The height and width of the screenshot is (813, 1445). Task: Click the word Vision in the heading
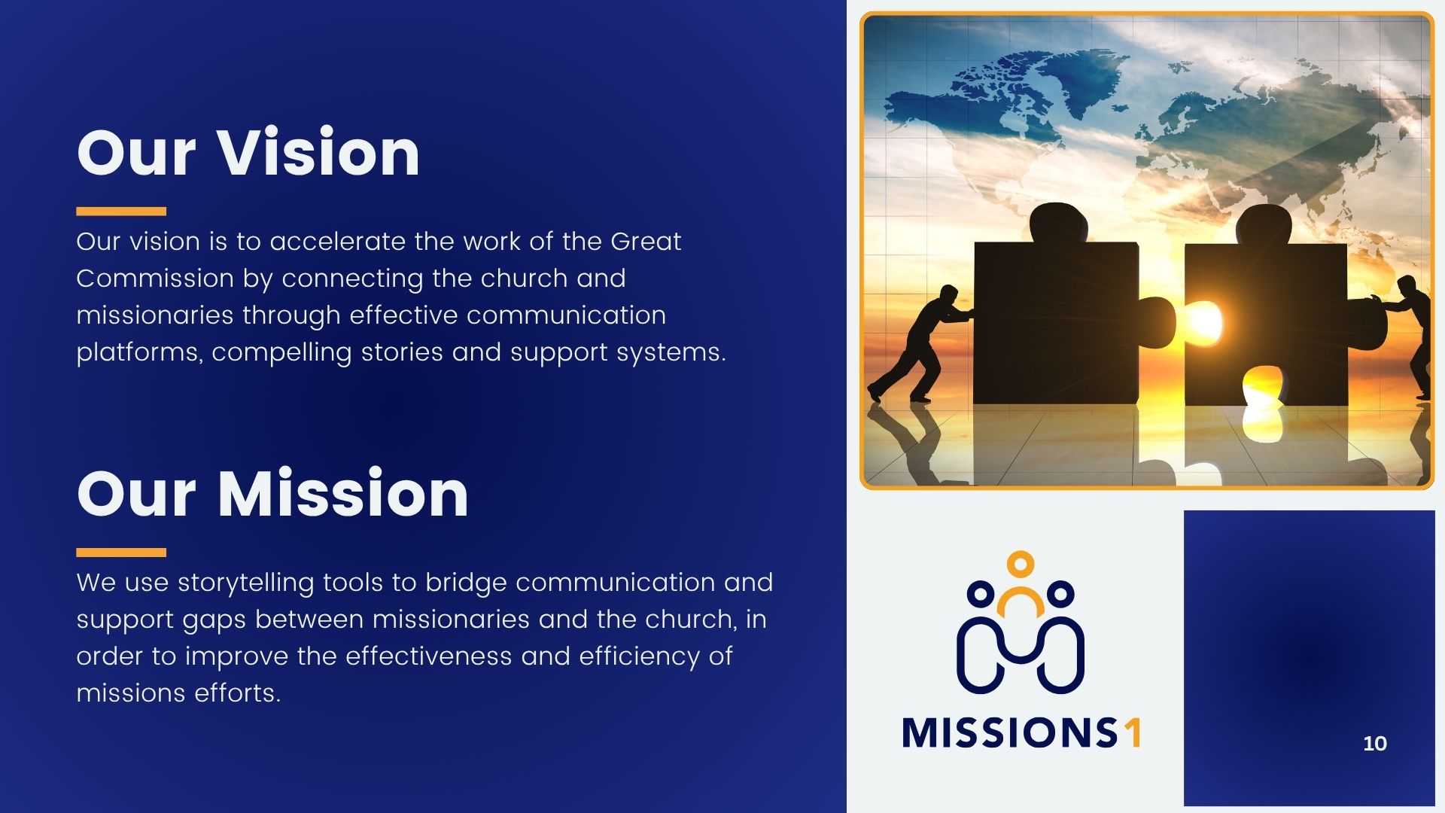[319, 153]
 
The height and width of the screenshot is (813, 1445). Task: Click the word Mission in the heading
[343, 494]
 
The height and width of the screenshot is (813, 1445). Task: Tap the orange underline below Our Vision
[121, 212]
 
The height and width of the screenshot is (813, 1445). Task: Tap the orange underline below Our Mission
[121, 553]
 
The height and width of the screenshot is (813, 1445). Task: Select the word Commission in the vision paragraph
[155, 279]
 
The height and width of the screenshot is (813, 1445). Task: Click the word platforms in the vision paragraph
[140, 353]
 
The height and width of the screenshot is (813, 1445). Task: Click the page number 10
[1375, 744]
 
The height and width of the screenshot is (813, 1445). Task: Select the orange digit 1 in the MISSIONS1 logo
[1133, 732]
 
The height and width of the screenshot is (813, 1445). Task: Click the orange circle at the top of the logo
[1021, 563]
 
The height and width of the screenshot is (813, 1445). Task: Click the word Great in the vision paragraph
[646, 242]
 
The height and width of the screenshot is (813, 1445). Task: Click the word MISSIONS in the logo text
[1010, 732]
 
